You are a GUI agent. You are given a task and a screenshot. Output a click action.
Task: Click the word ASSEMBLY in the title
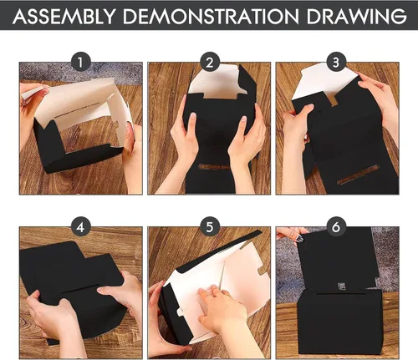tap(64, 17)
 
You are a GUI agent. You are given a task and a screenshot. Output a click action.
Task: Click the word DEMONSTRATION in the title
tap(211, 17)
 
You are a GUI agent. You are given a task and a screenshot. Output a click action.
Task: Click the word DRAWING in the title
tap(356, 17)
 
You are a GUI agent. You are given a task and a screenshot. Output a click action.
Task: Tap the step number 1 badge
tap(80, 62)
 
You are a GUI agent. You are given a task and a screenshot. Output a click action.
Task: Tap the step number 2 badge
tap(210, 62)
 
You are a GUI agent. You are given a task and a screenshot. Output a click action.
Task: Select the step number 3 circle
tap(336, 62)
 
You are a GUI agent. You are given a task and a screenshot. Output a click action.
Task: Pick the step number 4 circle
tap(80, 226)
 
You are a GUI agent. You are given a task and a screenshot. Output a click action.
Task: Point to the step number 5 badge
tap(210, 226)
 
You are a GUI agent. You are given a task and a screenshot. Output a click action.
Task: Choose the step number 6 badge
tap(336, 226)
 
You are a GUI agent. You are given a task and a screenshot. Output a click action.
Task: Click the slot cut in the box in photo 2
tap(214, 167)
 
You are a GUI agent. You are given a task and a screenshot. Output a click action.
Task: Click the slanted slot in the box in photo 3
tap(359, 175)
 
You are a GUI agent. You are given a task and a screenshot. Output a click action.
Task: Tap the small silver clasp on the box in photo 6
tap(342, 286)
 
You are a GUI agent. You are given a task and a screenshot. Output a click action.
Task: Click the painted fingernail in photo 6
tap(299, 238)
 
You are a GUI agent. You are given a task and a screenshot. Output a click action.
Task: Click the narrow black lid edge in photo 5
tap(220, 251)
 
